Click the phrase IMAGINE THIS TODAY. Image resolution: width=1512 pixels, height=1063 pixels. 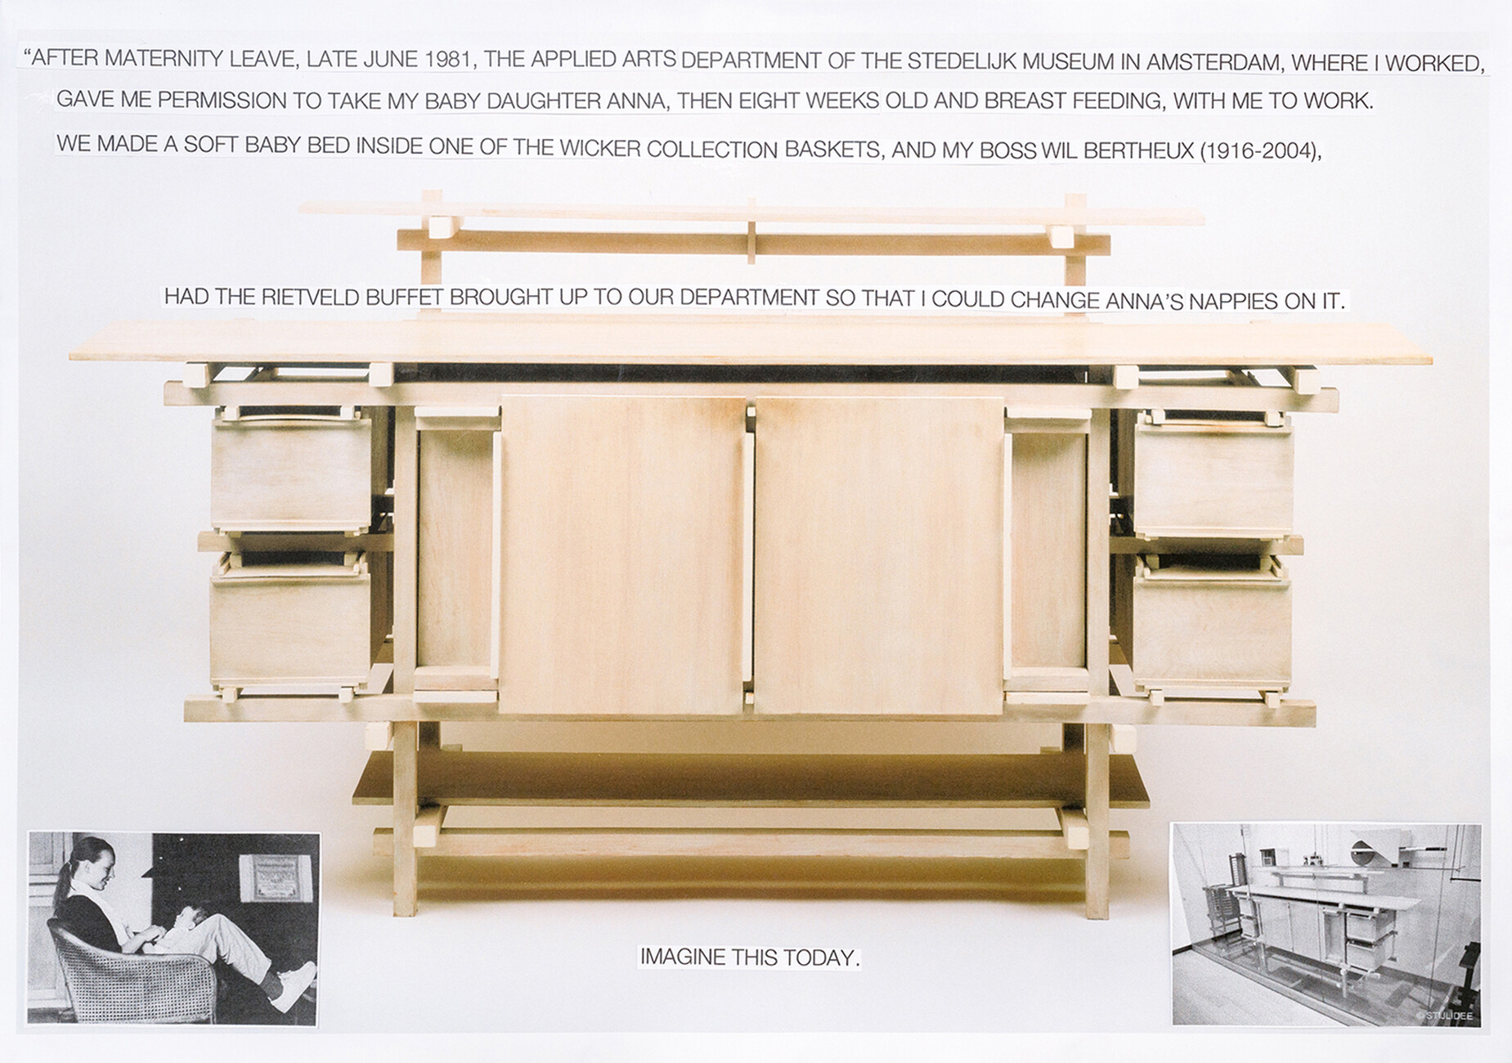750,957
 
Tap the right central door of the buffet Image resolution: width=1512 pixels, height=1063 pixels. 879,554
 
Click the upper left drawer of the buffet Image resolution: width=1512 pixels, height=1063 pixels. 290,474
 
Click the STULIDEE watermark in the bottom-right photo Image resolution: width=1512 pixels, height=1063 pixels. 1448,1016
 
